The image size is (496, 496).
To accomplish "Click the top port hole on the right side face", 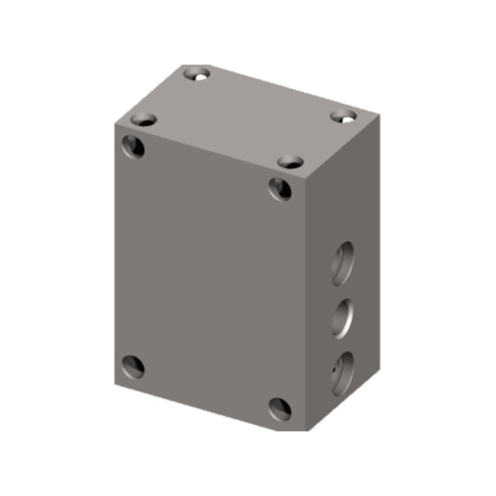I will coord(342,263).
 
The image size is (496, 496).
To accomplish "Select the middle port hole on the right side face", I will coord(342,318).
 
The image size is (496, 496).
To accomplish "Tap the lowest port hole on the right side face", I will coord(342,373).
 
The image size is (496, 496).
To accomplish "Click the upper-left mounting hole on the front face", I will coord(133,146).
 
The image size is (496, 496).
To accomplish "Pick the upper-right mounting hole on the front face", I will coord(280,188).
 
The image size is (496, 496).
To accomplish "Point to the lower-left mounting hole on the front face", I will coord(133,367).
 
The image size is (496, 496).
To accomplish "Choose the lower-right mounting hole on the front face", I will coord(280,409).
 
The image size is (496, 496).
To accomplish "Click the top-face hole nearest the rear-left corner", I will coord(197,74).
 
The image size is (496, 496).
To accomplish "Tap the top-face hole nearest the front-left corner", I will coord(143,120).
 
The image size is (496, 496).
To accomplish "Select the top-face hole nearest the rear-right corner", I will coord(343,115).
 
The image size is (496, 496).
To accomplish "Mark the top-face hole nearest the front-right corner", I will coord(290,162).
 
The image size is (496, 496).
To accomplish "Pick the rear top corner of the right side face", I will coord(378,114).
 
